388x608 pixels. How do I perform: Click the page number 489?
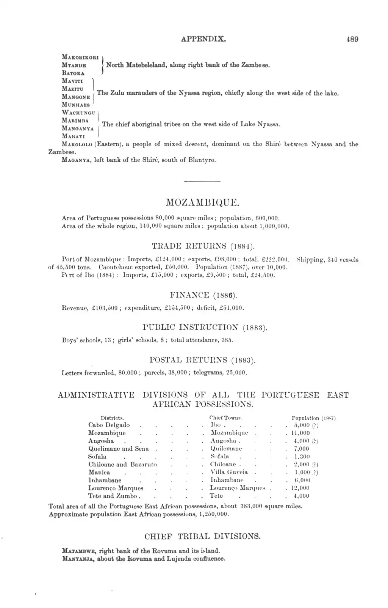click(352, 39)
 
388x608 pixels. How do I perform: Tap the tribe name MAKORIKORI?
click(80, 57)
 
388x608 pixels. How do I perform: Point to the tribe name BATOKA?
click(73, 72)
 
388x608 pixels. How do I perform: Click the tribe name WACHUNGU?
click(79, 112)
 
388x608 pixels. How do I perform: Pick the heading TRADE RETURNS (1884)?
click(203, 246)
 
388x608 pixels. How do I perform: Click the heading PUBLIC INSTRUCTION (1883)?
click(205, 327)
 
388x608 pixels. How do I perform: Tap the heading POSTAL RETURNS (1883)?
click(203, 359)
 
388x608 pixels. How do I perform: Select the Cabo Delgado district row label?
click(109, 425)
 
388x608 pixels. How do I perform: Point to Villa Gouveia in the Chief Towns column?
click(229, 472)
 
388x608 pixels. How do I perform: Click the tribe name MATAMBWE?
click(78, 551)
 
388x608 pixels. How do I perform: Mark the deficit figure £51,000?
click(231, 308)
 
